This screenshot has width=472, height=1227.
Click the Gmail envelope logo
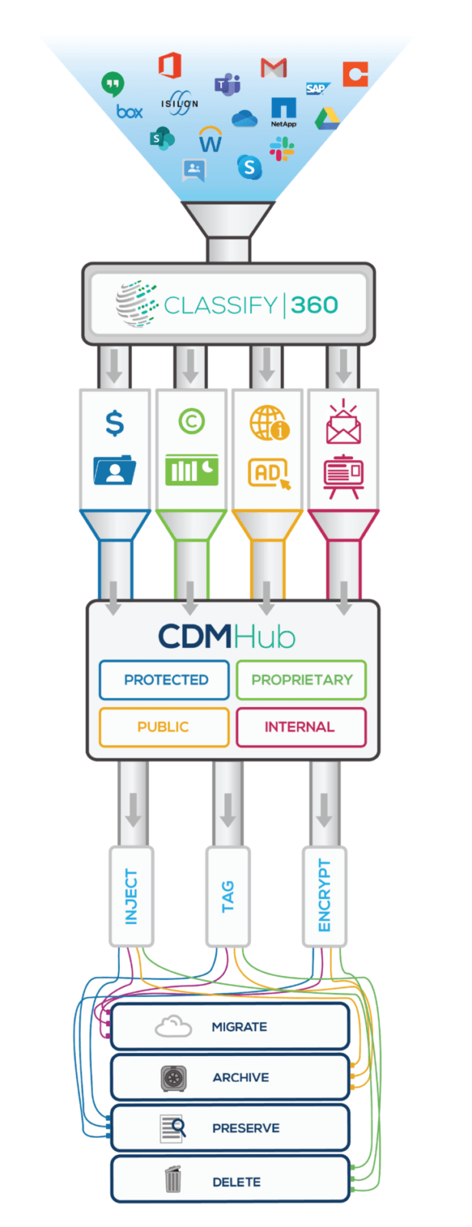tap(273, 67)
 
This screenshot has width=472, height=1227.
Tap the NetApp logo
tap(283, 112)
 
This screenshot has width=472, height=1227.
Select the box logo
tap(130, 112)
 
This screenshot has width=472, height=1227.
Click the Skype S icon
tap(249, 166)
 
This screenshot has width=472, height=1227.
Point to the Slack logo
tap(282, 149)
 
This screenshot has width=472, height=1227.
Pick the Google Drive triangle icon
tap(327, 119)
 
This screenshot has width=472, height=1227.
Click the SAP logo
tap(317, 88)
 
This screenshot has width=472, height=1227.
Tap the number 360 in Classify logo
tap(314, 305)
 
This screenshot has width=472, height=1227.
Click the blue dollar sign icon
tap(114, 423)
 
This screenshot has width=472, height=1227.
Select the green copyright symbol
tap(192, 421)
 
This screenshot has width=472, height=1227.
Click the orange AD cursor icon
tap(269, 472)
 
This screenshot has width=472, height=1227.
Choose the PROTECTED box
tap(164, 679)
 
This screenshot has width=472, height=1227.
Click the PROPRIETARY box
tap(302, 679)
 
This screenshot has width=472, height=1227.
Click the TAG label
tap(228, 896)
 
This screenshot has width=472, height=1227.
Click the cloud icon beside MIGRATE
tap(173, 1026)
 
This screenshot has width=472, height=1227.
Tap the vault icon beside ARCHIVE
tap(173, 1078)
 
